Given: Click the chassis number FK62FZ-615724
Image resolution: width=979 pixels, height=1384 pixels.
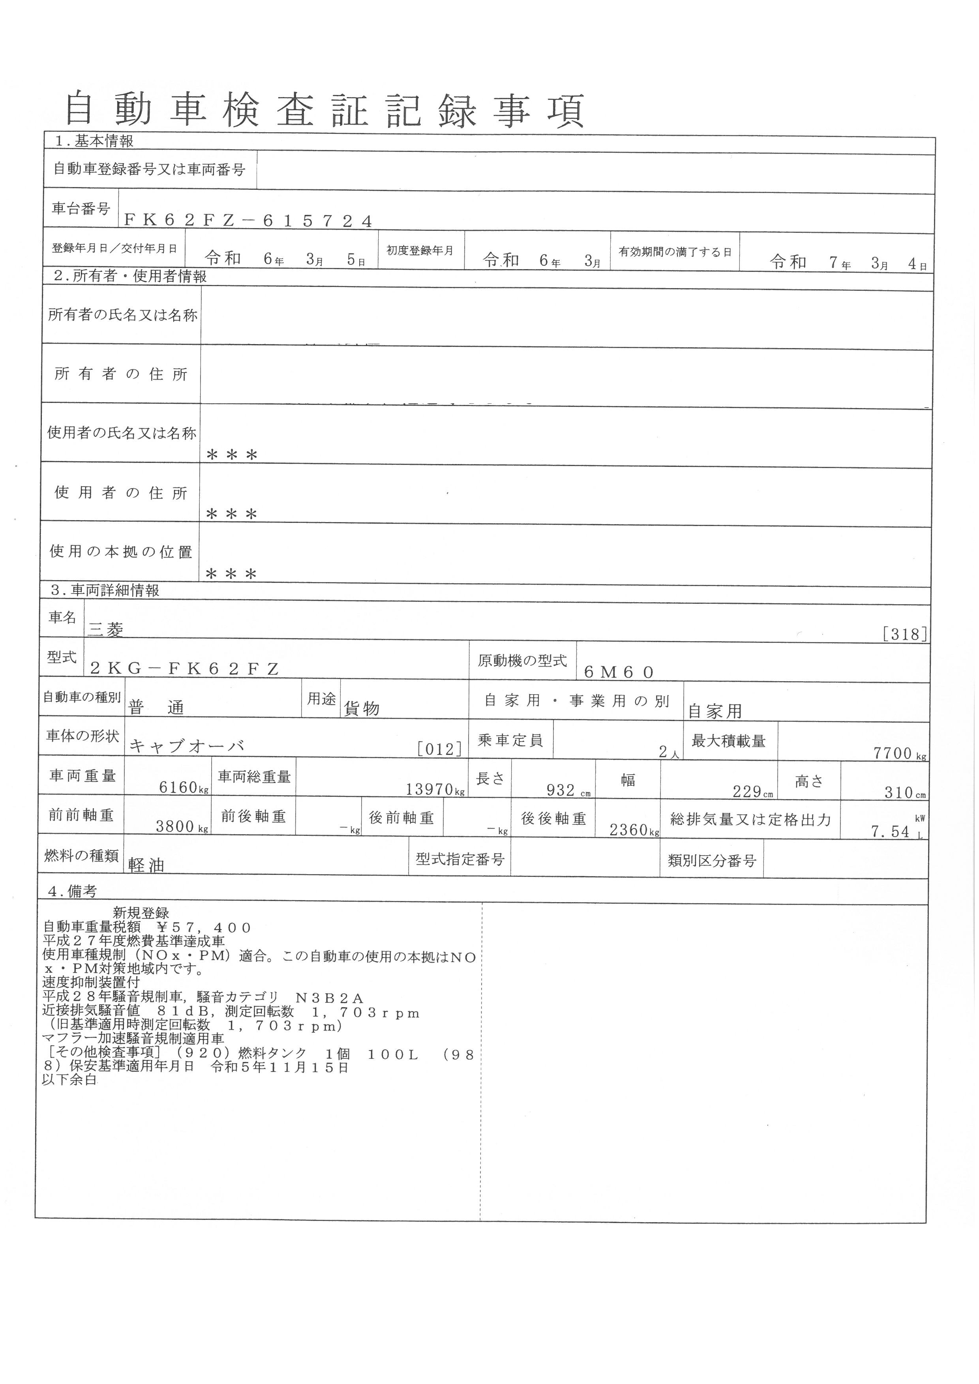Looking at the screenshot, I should (248, 221).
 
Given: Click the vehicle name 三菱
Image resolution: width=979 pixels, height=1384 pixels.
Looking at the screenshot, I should (106, 630).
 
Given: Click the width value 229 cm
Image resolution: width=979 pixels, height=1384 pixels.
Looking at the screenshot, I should (752, 792).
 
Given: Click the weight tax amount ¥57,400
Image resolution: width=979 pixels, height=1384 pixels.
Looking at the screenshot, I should (204, 928).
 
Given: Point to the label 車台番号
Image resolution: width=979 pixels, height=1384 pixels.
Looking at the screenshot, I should (81, 208).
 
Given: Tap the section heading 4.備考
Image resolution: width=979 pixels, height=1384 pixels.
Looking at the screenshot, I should (72, 891).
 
